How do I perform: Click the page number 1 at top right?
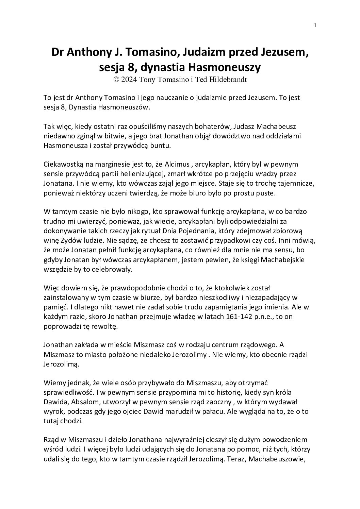coord(315,25)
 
